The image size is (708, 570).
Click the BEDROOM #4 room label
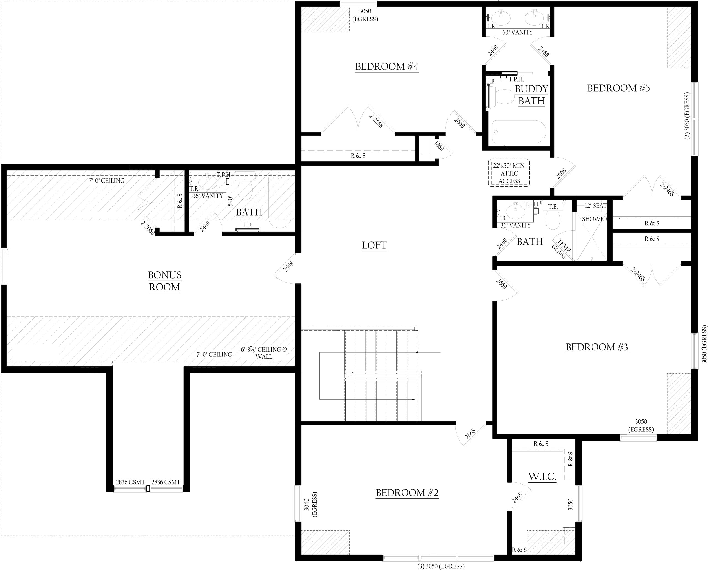point(387,67)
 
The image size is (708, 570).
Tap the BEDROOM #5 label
point(618,88)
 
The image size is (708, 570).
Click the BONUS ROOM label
point(165,281)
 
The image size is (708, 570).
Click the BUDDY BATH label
point(531,95)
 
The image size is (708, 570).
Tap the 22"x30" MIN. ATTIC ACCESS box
point(509,173)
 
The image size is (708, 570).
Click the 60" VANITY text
point(517,33)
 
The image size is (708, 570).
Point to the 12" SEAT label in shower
point(595,206)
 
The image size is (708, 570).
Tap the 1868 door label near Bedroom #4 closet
point(439,146)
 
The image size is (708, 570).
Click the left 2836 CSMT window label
point(130,482)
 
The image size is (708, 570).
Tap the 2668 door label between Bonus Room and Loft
point(288,267)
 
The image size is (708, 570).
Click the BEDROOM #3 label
point(596,347)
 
